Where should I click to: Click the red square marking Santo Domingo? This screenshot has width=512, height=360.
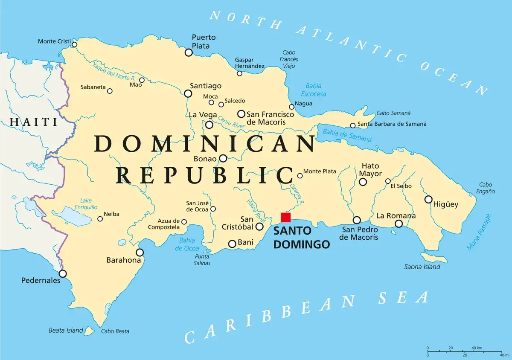285,217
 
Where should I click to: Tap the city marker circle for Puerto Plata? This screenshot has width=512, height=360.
189,52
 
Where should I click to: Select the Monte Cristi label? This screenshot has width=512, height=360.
54,41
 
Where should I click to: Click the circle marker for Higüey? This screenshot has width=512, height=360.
428,199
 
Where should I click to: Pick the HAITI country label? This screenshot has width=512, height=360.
33,122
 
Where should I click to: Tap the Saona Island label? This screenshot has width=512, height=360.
422,267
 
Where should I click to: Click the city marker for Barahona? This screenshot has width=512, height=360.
140,252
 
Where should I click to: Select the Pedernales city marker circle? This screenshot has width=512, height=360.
63,273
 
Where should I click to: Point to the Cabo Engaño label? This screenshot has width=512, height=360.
486,188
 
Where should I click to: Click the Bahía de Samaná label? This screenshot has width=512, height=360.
347,136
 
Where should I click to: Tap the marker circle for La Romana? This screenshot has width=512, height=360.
399,224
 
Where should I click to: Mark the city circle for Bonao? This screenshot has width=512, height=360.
223,159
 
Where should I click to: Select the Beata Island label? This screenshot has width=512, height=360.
65,330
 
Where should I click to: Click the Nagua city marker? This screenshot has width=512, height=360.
292,107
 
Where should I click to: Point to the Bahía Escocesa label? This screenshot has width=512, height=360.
313,90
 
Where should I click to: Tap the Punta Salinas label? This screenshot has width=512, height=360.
202,260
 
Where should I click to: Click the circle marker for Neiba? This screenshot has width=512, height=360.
100,219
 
